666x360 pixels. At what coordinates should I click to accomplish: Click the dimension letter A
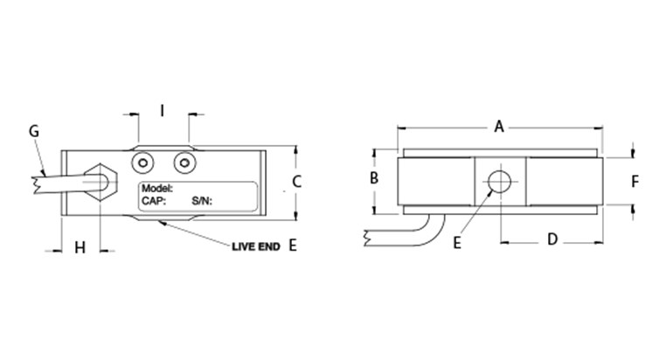click(499, 128)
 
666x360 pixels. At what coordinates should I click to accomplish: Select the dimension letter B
click(373, 178)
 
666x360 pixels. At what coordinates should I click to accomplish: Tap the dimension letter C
click(296, 183)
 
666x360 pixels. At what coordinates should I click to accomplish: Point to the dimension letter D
click(552, 239)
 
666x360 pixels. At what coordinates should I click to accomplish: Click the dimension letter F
click(635, 182)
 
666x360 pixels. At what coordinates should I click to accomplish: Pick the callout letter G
click(34, 131)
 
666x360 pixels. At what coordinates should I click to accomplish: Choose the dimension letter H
click(80, 248)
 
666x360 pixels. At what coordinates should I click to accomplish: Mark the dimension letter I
click(162, 110)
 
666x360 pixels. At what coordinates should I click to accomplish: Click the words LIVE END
click(255, 247)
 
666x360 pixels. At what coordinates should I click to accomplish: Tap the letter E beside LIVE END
click(292, 246)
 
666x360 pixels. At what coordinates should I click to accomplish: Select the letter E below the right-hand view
click(457, 244)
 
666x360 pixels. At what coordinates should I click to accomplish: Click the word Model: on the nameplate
click(157, 189)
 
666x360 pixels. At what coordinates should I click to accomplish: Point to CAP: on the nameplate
click(153, 200)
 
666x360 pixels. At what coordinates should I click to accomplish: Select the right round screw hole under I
click(183, 162)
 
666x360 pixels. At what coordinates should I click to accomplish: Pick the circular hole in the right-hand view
click(500, 182)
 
